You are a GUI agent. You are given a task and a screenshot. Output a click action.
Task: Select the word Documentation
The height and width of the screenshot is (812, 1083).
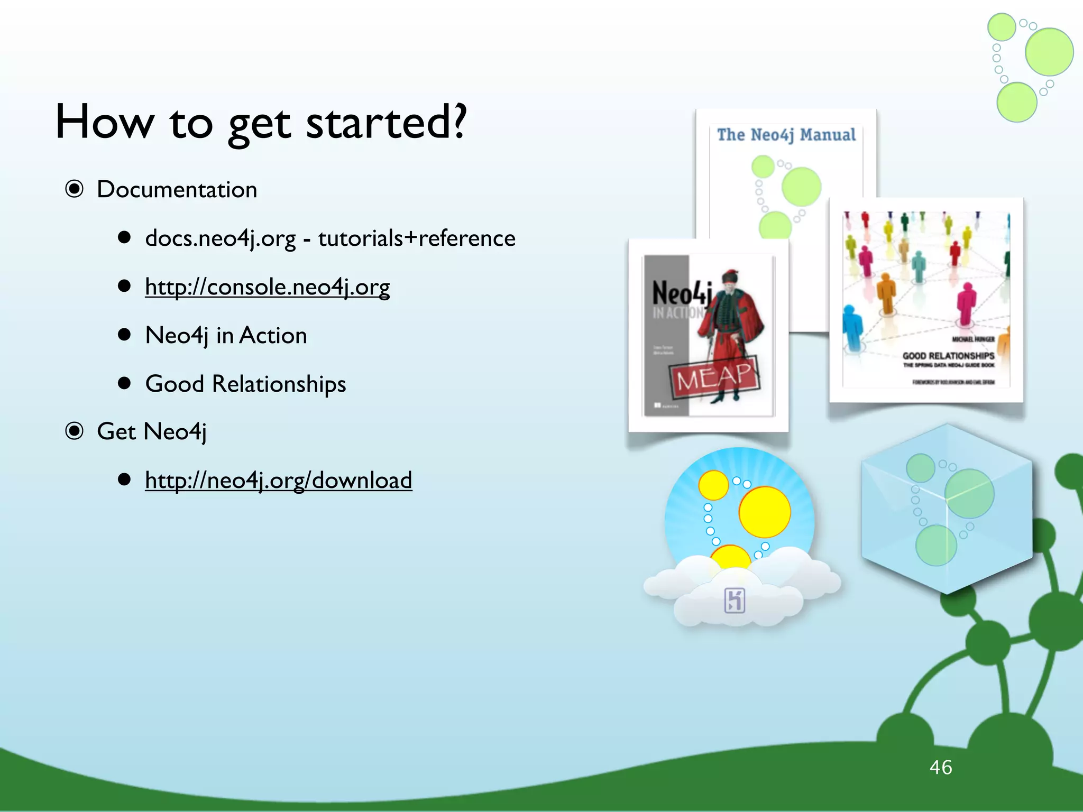click(177, 190)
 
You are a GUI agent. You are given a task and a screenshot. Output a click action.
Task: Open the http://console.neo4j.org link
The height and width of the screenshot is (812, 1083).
click(267, 287)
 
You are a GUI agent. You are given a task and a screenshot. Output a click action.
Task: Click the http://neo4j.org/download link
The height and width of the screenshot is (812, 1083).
click(278, 481)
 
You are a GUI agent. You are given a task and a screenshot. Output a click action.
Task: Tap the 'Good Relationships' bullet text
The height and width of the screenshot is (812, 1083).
click(245, 384)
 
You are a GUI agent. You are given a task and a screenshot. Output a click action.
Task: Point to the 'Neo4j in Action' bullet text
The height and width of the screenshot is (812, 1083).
click(226, 336)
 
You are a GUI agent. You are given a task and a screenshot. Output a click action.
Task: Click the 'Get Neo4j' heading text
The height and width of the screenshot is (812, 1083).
click(151, 432)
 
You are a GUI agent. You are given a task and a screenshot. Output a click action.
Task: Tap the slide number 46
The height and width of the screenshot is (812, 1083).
click(940, 767)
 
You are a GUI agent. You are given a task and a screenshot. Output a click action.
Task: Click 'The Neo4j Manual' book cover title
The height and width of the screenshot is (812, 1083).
click(786, 135)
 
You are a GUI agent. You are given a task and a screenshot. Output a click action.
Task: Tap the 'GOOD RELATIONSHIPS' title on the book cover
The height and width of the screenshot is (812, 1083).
click(948, 356)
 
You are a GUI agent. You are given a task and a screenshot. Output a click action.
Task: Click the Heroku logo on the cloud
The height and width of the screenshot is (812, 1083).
click(735, 601)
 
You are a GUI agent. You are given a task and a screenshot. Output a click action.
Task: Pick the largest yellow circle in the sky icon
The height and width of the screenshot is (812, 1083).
click(764, 512)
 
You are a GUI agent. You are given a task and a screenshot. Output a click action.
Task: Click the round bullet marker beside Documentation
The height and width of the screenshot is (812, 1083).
click(75, 189)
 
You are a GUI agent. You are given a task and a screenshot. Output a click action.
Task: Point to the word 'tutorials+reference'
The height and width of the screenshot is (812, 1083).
click(416, 238)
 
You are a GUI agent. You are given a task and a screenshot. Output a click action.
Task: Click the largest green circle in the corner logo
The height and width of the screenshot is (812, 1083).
click(1049, 52)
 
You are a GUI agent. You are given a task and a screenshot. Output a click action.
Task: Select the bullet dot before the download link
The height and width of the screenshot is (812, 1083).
click(124, 479)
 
